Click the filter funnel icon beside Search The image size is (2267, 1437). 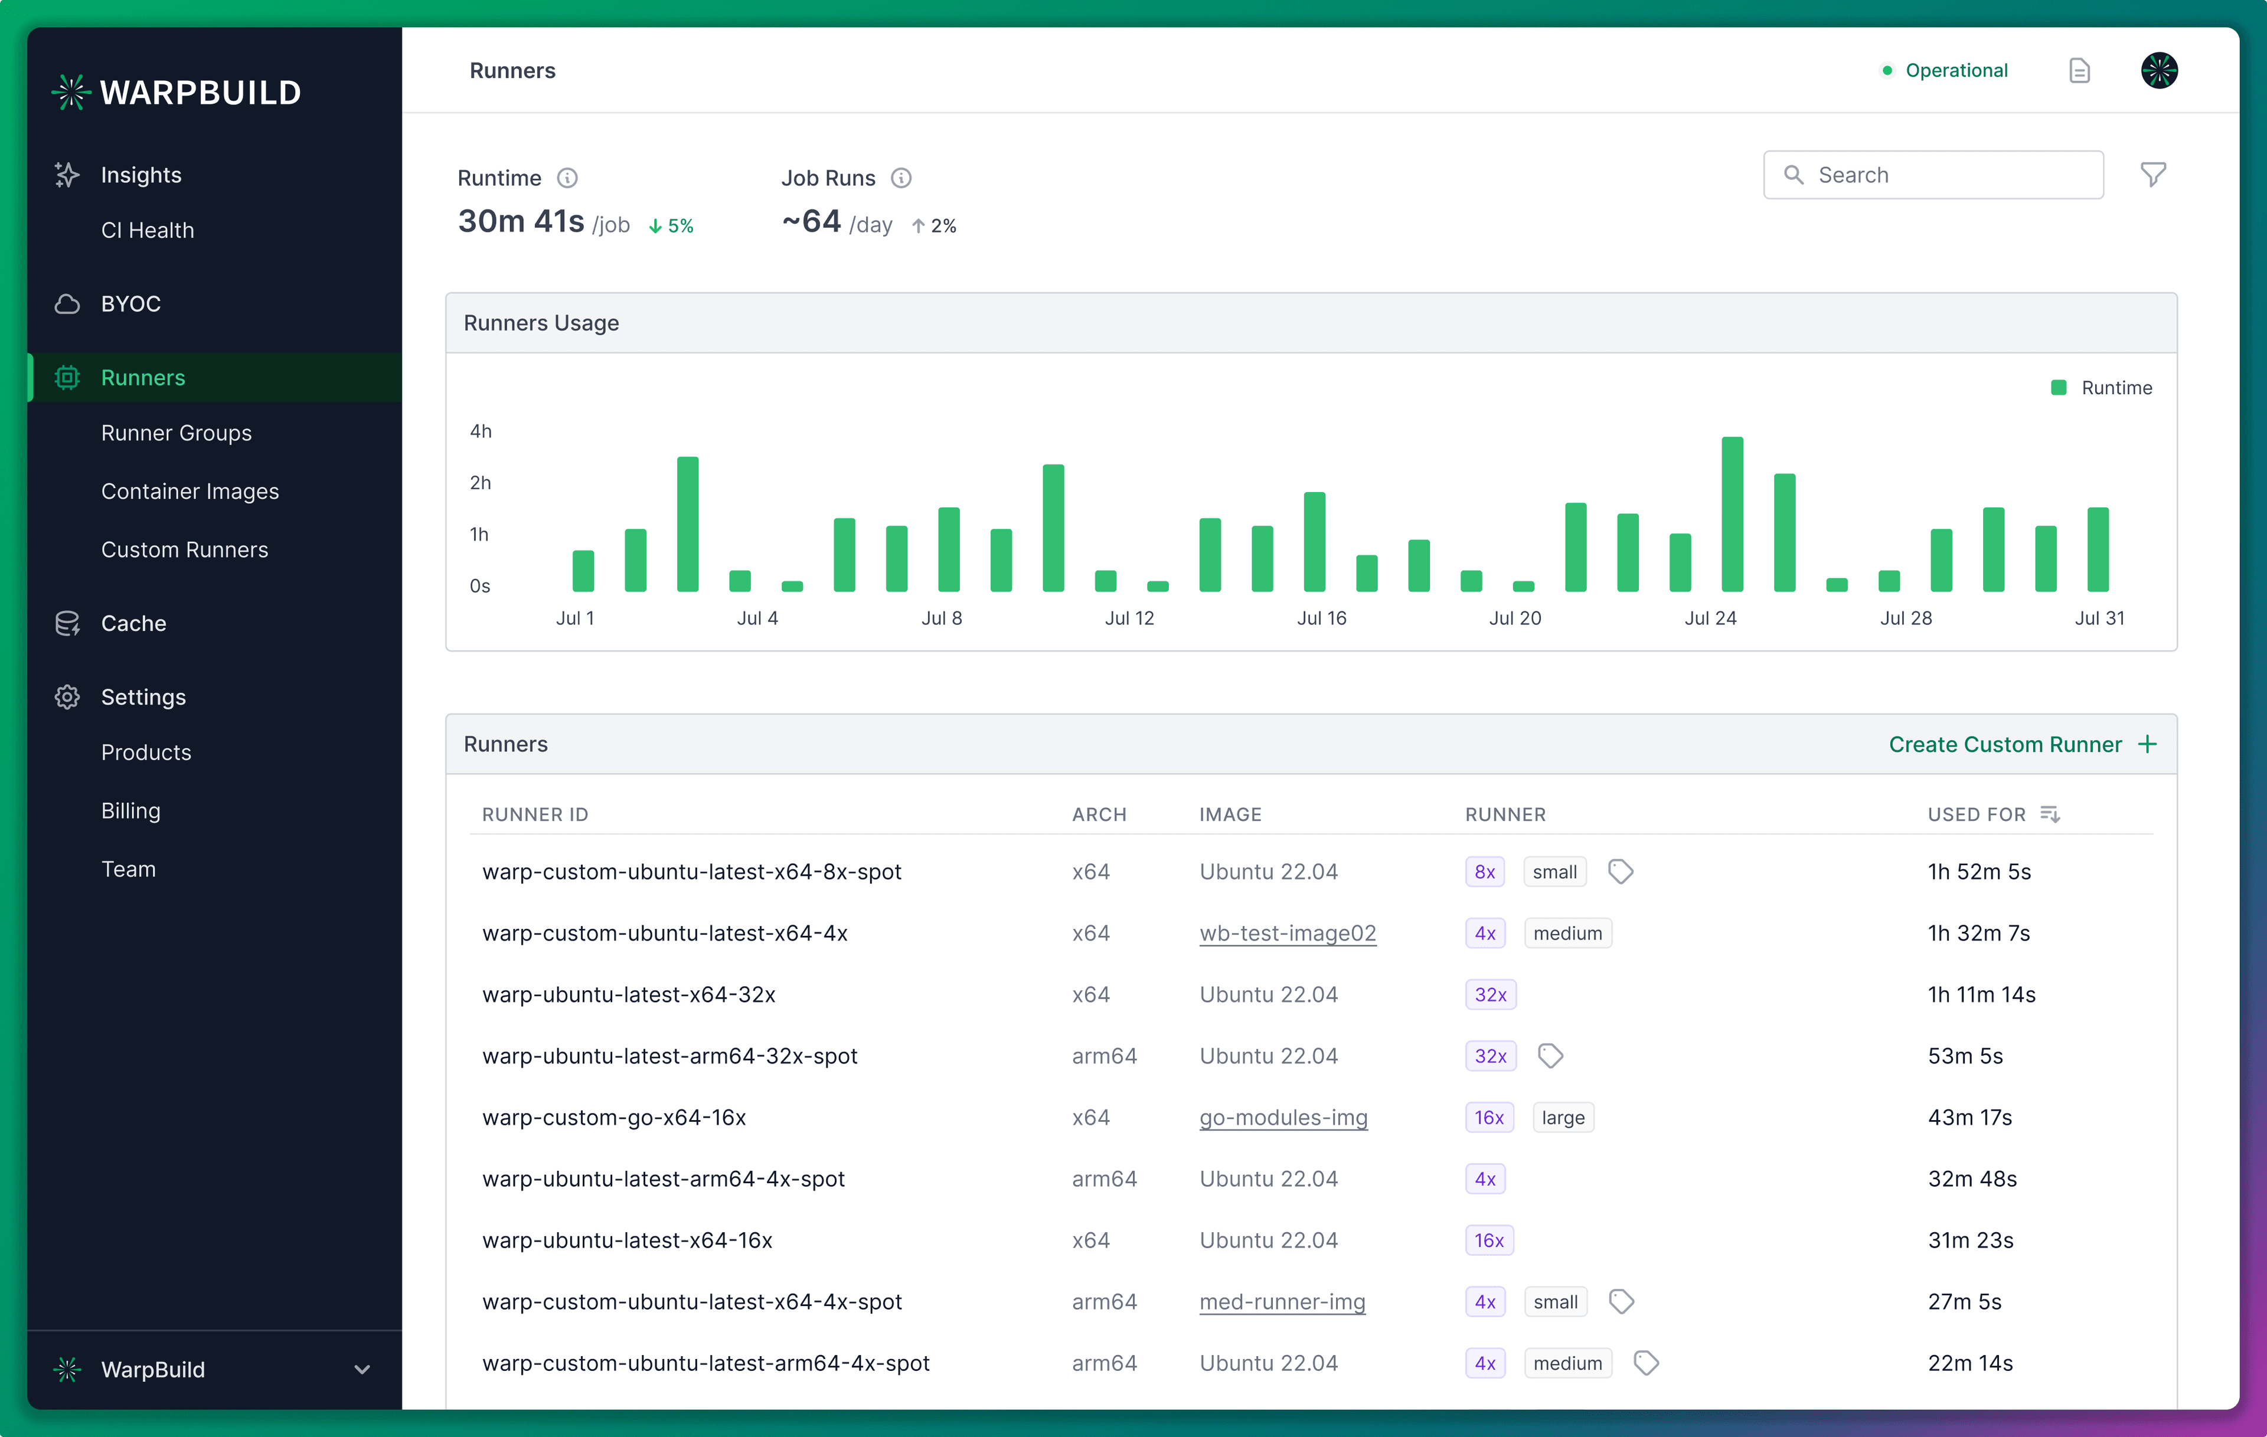(x=2153, y=175)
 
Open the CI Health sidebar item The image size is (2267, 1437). (x=147, y=231)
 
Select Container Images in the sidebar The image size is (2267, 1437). (x=190, y=491)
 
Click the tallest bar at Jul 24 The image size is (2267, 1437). (x=1732, y=514)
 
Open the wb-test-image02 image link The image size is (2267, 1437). (x=1287, y=934)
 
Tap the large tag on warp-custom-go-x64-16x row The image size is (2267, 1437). (x=1562, y=1117)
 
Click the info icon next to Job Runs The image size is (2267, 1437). (x=901, y=178)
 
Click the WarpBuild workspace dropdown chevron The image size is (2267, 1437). (x=361, y=1369)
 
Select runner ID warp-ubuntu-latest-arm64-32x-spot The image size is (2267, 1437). (x=669, y=1056)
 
